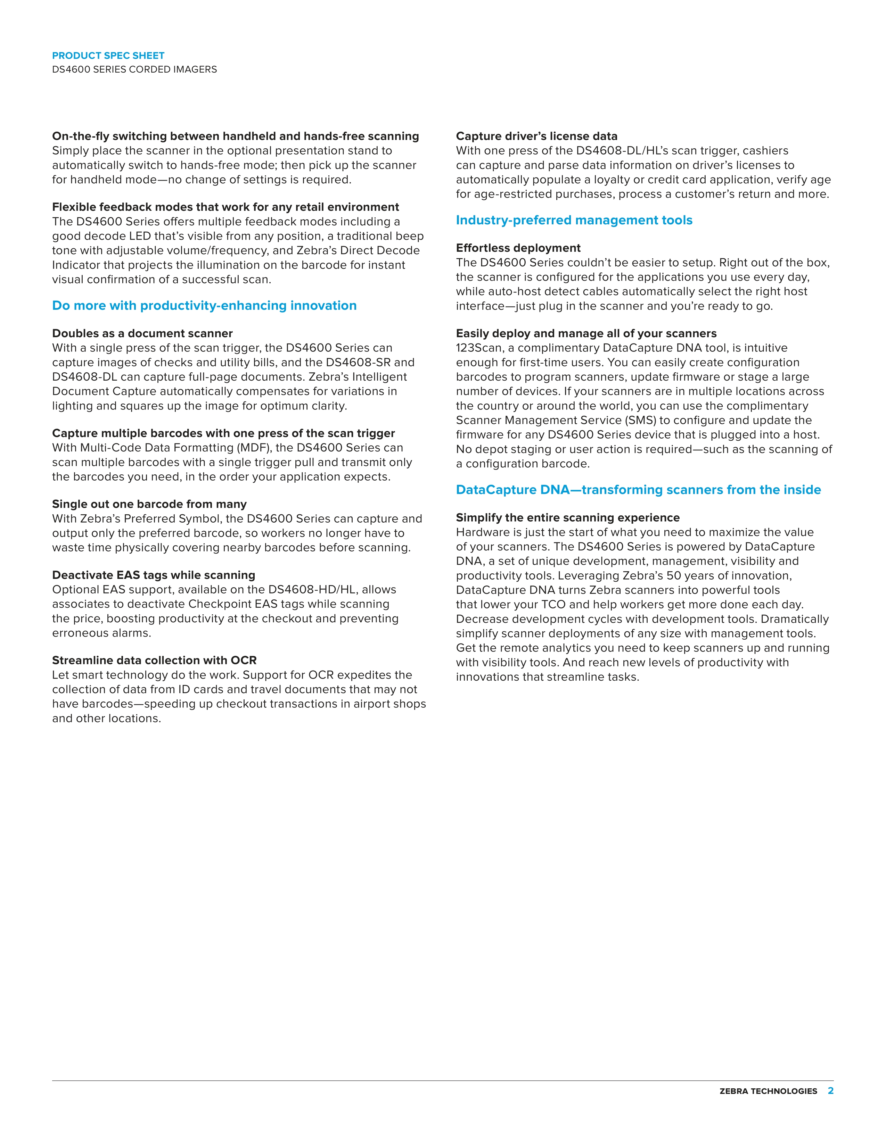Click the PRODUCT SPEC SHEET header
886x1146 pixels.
[108, 56]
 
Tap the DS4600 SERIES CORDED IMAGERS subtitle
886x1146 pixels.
[134, 69]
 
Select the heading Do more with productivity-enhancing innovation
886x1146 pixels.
[204, 305]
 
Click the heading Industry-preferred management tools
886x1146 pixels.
[574, 220]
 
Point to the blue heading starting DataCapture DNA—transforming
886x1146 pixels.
[638, 490]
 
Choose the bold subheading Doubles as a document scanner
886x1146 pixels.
[142, 333]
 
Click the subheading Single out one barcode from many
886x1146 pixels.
[149, 504]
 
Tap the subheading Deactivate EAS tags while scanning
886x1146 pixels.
[153, 575]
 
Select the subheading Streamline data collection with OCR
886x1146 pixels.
[154, 660]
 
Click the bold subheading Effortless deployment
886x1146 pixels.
[518, 248]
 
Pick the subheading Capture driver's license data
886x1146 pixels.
[536, 136]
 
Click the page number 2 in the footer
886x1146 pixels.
[830, 1091]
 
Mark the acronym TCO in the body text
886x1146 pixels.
[552, 605]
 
